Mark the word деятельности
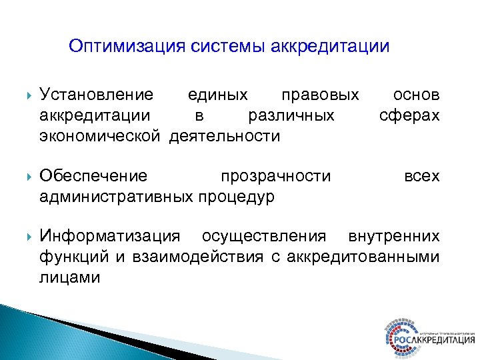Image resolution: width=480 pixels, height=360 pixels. [x=225, y=137]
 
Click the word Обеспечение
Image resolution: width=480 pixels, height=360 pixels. [x=93, y=176]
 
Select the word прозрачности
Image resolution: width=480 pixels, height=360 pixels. [x=275, y=176]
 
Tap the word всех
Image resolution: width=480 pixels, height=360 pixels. [x=422, y=176]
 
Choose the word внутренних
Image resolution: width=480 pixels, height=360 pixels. [x=394, y=236]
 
